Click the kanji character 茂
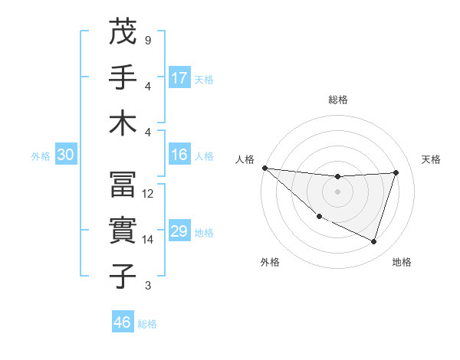click(x=123, y=33)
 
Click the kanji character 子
click(x=123, y=276)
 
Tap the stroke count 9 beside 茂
click(x=147, y=40)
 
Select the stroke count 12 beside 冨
click(x=149, y=194)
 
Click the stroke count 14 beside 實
click(x=149, y=240)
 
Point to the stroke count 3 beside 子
click(x=147, y=286)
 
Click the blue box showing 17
click(x=179, y=78)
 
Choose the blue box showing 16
click(x=179, y=155)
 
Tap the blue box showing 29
click(x=179, y=231)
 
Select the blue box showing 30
click(x=65, y=155)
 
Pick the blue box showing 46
click(x=123, y=322)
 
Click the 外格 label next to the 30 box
click(x=41, y=156)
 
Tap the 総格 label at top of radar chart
click(x=338, y=100)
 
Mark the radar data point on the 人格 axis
click(x=264, y=168)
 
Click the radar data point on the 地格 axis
click(x=373, y=242)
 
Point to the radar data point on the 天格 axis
click(x=396, y=172)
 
